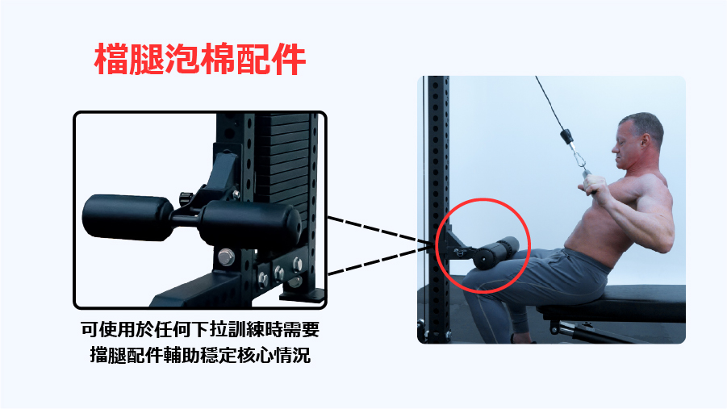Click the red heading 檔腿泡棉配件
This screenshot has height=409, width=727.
200,59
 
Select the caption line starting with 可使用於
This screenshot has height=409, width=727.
200,330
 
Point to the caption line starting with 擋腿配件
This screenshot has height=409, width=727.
200,355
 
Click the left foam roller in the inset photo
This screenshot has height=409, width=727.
128,218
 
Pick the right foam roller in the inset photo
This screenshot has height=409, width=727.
250,224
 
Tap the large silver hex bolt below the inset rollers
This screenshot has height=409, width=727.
226,257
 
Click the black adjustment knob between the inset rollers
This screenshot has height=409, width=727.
186,198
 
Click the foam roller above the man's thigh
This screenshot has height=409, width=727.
496,253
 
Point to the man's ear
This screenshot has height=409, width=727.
645,140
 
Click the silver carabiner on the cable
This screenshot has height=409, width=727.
579,157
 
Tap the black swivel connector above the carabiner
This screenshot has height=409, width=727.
566,136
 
